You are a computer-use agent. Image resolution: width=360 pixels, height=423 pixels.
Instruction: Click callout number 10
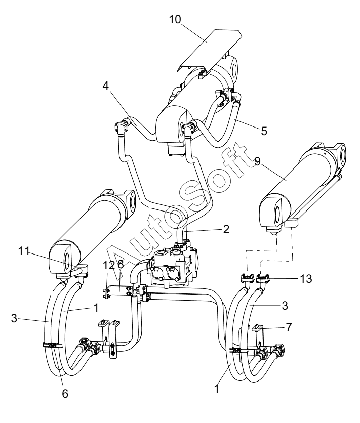tap(175, 19)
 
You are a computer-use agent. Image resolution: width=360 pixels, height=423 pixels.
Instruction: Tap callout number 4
tap(105, 86)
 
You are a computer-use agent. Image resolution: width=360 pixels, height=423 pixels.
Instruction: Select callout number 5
tap(264, 131)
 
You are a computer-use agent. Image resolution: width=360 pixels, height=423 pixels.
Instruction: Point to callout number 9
tap(257, 162)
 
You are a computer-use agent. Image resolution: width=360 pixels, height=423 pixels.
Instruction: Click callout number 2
tap(226, 229)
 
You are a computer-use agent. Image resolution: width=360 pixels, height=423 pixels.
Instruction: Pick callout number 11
tap(23, 251)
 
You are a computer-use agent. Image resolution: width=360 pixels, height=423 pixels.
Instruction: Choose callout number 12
tap(109, 265)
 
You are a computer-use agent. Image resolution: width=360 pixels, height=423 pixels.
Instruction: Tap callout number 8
tap(121, 265)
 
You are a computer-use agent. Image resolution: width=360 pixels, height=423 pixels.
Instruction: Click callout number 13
tap(306, 279)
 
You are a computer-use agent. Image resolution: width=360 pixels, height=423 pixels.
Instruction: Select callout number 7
tap(289, 327)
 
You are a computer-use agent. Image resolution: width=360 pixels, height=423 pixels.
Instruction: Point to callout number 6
tap(65, 394)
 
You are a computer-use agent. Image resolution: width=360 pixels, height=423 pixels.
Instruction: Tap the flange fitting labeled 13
tap(264, 278)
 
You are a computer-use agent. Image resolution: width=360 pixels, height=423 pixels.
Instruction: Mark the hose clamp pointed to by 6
tap(52, 345)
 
